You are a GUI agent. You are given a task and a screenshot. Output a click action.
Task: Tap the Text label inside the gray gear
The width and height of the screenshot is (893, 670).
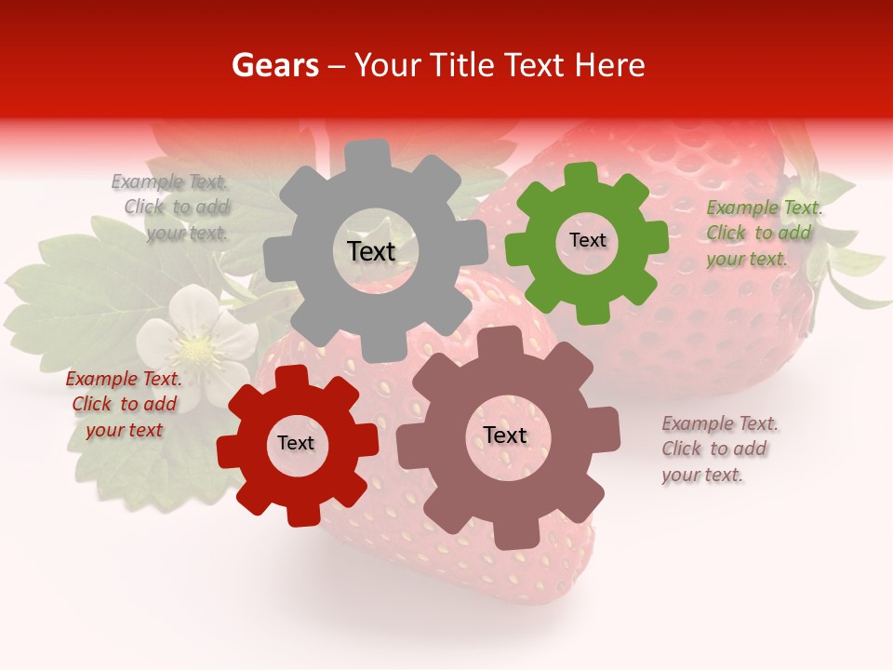(x=371, y=251)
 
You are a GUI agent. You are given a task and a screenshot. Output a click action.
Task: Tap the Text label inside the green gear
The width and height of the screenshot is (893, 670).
(x=587, y=240)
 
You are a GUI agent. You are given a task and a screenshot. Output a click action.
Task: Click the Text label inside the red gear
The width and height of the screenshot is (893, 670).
(x=296, y=444)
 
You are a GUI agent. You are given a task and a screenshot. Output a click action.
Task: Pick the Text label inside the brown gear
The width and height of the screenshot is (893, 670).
(x=505, y=435)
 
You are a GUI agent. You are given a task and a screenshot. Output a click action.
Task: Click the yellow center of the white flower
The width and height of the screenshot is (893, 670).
(x=195, y=349)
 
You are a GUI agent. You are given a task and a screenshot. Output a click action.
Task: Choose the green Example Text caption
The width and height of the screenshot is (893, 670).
(x=763, y=234)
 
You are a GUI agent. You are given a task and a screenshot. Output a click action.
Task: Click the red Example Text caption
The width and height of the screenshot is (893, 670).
(x=124, y=405)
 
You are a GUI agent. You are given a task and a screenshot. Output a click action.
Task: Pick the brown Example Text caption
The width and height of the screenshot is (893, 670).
(x=719, y=449)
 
